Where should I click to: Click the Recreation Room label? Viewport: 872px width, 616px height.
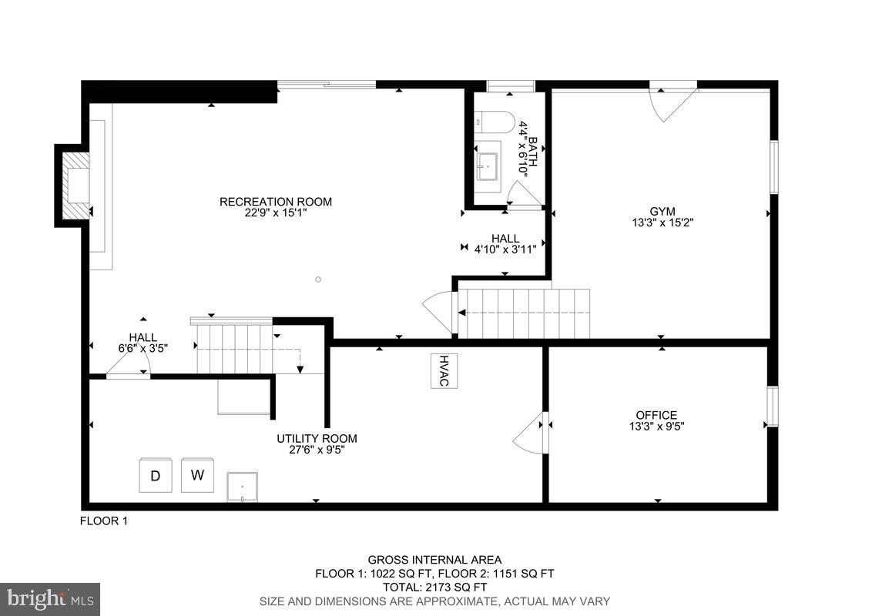tap(275, 202)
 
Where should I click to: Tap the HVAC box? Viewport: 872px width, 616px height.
tap(444, 370)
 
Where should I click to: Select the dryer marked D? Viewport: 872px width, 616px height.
tap(155, 476)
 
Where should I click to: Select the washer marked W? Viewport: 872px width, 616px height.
tap(197, 475)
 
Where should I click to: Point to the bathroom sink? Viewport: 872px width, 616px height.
tap(486, 165)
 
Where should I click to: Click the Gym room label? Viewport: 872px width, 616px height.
tap(662, 211)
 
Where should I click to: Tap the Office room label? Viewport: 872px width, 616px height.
tap(656, 415)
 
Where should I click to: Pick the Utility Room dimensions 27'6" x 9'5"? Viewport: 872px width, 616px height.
tap(317, 450)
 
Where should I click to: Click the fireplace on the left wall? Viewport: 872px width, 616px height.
tap(75, 186)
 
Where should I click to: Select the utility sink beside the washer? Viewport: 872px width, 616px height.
tap(243, 487)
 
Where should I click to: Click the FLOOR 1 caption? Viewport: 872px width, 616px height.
tap(104, 521)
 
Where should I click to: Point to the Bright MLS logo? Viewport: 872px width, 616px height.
tap(50, 598)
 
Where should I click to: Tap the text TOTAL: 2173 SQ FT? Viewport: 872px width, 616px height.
tap(434, 588)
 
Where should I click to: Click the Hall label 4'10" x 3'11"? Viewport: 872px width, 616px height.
tap(505, 243)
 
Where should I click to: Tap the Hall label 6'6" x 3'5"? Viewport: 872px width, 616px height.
tap(143, 342)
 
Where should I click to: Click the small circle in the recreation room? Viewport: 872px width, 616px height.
tap(318, 279)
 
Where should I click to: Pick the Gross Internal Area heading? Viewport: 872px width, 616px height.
tap(434, 560)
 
